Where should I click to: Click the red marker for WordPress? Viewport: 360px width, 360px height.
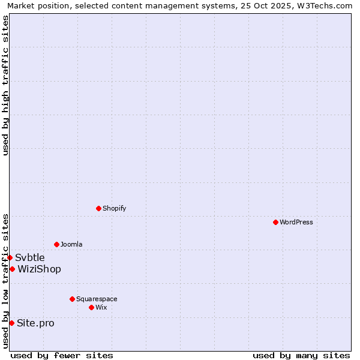275,222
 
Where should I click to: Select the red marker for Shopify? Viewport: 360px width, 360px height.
98,208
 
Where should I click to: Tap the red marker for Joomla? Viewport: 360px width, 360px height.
56,244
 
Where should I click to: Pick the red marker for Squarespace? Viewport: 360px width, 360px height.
72,299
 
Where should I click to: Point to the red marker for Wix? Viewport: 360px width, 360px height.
91,307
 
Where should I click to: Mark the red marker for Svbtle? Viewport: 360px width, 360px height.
10,257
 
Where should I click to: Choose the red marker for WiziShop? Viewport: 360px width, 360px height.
12,269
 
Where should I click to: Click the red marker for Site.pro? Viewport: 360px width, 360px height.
11,323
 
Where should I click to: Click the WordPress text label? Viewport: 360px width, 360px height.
296,222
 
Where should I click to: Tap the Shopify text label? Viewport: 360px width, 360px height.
114,208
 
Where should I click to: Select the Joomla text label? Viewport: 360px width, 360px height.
71,244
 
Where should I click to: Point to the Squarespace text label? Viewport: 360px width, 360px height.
97,299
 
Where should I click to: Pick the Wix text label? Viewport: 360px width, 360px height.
101,307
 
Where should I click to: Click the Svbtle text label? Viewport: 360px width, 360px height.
30,258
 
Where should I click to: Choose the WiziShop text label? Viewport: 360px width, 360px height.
39,269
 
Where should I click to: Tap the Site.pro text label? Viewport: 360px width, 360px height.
35,323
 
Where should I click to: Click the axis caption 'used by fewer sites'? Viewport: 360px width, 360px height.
62,355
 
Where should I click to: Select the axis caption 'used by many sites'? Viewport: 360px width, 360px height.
301,355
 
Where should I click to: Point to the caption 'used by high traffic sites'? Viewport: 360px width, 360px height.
6,86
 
